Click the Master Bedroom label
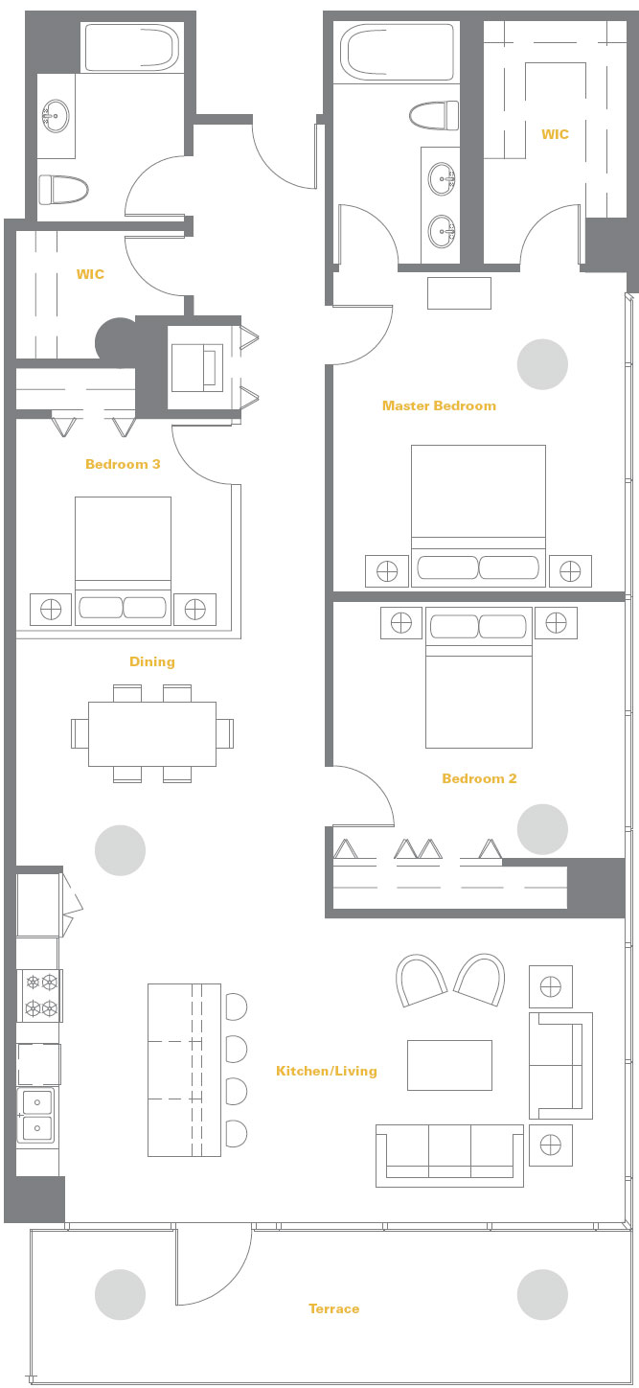[x=439, y=405]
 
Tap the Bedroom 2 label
[x=479, y=779]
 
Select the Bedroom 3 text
[x=123, y=464]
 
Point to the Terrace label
[x=333, y=1308]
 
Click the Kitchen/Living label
[x=327, y=1071]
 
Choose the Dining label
[x=151, y=661]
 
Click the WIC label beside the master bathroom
[x=555, y=134]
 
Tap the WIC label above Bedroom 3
[x=90, y=274]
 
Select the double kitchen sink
[x=37, y=1115]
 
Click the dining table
[x=152, y=734]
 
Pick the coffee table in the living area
[x=449, y=1065]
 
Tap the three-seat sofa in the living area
[x=449, y=1156]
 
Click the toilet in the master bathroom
[x=434, y=116]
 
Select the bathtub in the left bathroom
[x=131, y=48]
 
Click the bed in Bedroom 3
[x=124, y=560]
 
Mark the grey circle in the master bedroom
[x=542, y=364]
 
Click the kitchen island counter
[x=185, y=1070]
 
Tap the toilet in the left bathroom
[x=63, y=190]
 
